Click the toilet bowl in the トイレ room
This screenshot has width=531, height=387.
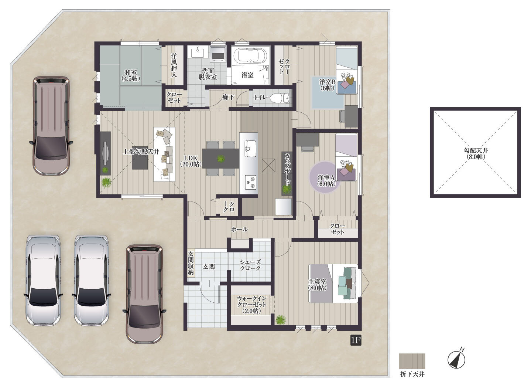point(280,98)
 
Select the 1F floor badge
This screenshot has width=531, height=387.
point(356,340)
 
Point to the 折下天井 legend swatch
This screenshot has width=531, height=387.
point(412,361)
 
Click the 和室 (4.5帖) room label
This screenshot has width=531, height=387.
point(131,75)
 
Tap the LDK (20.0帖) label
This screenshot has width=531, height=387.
point(191,161)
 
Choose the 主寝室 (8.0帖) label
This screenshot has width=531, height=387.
point(317,285)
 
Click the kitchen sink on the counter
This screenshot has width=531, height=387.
point(250,148)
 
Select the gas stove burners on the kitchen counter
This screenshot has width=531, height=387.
point(251,182)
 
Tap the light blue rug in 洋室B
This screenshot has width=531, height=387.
point(328,92)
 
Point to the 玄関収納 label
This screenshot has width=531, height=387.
point(191,263)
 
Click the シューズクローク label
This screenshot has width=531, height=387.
point(250,265)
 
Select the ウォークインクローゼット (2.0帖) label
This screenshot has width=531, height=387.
point(252,305)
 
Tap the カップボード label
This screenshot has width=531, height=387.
point(287,169)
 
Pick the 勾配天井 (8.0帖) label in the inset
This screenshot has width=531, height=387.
point(476,153)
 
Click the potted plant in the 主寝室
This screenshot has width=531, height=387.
point(281,319)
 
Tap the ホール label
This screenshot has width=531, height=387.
point(239,229)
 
